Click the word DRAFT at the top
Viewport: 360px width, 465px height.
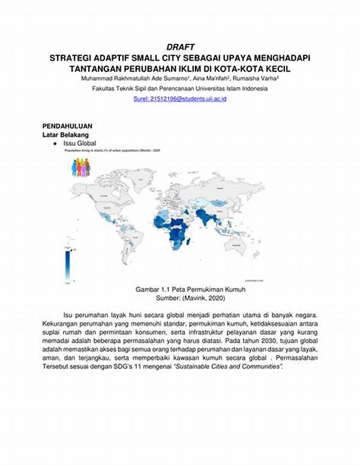tap(180, 47)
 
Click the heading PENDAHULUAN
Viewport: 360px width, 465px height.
tap(67, 127)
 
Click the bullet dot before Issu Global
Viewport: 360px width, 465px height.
tap(55, 144)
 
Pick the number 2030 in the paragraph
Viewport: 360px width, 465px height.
tap(236, 340)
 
